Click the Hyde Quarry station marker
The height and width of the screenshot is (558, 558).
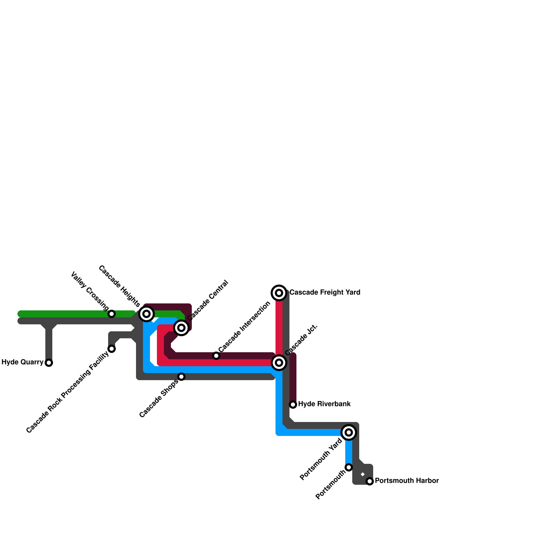point(49,363)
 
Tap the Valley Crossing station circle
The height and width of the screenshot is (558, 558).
point(112,314)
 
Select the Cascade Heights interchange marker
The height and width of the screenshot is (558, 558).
point(146,314)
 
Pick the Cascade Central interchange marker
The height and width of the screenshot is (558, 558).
point(181,328)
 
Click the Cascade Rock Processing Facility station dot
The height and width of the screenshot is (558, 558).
point(112,349)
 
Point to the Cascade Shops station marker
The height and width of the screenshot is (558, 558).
point(181,377)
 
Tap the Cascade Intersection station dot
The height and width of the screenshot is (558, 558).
point(216,356)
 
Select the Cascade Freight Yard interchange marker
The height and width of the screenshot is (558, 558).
point(279,293)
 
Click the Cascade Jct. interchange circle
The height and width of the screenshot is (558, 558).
point(279,363)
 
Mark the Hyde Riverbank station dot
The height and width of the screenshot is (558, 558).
point(293,405)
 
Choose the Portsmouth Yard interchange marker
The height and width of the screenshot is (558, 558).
point(349,432)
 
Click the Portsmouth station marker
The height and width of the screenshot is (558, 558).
point(349,467)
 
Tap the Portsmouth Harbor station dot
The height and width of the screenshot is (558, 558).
point(370,481)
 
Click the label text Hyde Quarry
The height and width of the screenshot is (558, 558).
point(22,362)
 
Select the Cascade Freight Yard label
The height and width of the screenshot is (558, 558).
point(325,292)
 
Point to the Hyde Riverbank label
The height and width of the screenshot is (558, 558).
point(324,404)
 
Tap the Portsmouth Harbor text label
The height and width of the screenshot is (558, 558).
point(407,481)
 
